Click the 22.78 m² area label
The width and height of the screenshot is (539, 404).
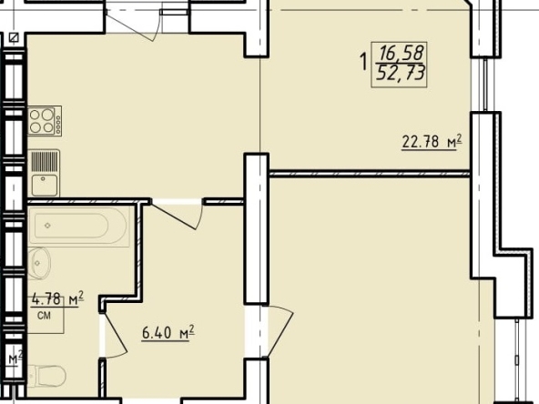432,141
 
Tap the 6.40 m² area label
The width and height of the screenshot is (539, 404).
168,333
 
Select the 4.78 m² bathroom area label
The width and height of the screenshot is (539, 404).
57,298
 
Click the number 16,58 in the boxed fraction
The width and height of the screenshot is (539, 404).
401,53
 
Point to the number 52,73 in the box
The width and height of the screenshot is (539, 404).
401,73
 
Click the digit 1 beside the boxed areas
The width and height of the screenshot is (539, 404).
363,62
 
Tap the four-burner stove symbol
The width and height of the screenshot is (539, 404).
45,121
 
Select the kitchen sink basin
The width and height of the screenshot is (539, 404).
45,185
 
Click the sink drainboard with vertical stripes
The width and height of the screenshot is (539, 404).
45,161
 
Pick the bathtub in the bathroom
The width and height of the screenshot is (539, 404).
78,226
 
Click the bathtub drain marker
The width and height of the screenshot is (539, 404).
47,226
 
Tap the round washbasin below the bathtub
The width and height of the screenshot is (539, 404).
39,263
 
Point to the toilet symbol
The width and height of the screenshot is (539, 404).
46,376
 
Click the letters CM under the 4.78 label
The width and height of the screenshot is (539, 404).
44,315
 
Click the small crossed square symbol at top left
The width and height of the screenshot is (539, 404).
14,37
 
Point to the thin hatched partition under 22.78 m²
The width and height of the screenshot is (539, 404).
370,174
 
